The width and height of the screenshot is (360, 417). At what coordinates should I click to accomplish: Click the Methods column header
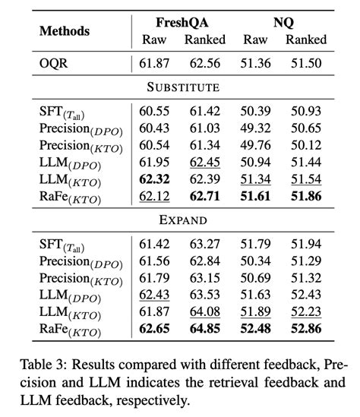tap(65, 31)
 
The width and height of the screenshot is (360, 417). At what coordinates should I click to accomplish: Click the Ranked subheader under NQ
tap(307, 39)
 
